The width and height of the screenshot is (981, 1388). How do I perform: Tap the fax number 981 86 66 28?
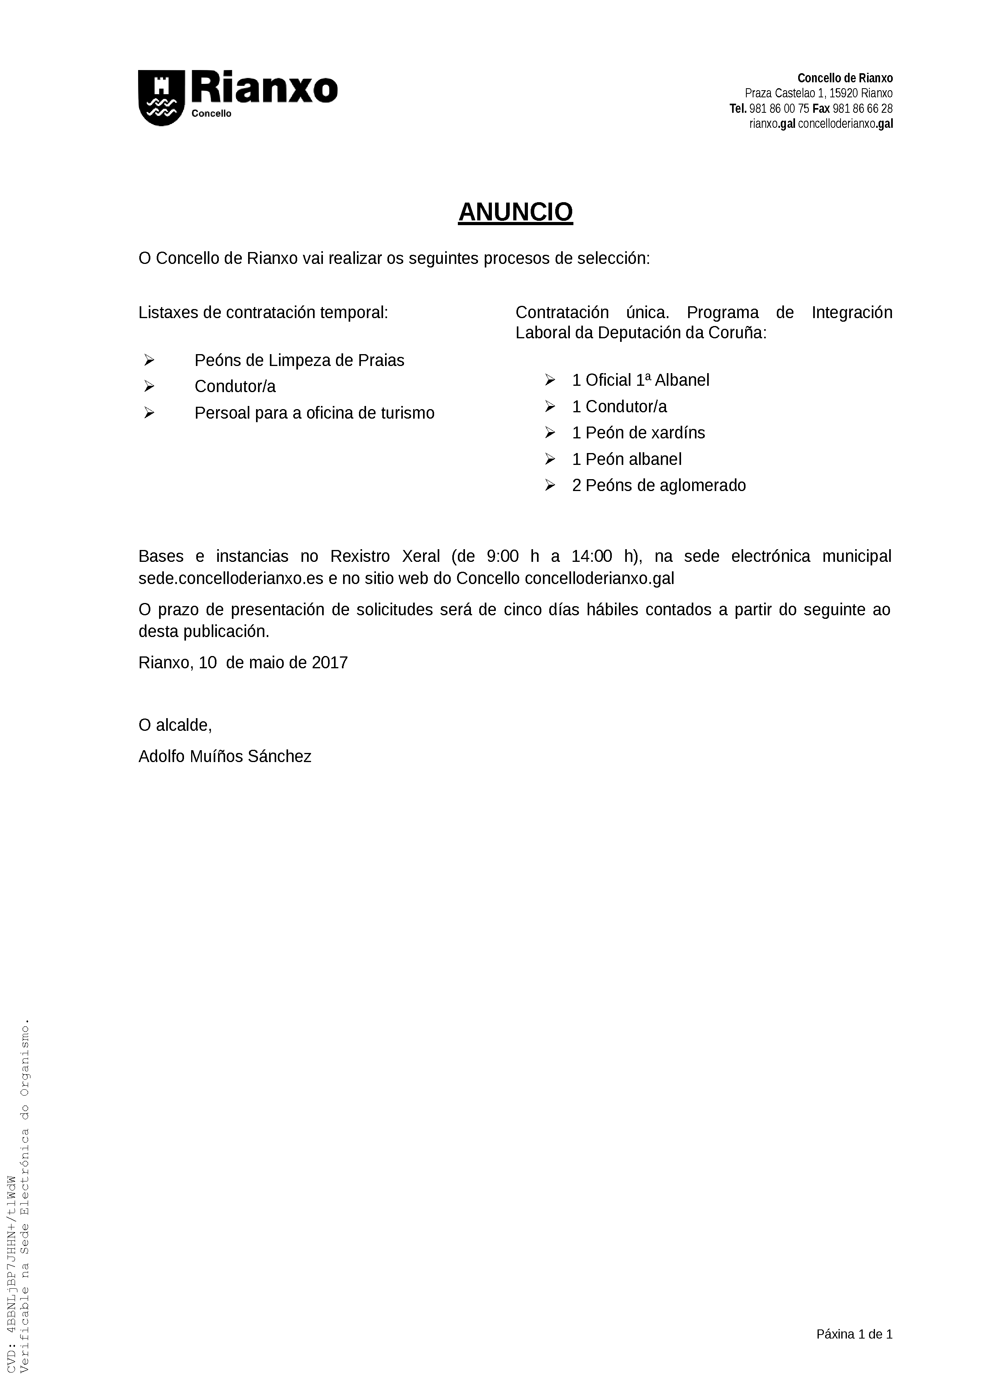coord(863,109)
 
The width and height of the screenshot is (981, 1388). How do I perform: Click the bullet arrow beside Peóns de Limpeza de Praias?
coord(149,360)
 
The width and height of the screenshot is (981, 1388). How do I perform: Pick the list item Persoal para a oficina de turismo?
coord(314,413)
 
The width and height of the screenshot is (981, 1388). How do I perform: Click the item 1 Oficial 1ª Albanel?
coord(640,380)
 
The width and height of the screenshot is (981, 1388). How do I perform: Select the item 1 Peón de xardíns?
coord(638,433)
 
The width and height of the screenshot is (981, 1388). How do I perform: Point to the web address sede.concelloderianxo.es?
coord(231,578)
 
